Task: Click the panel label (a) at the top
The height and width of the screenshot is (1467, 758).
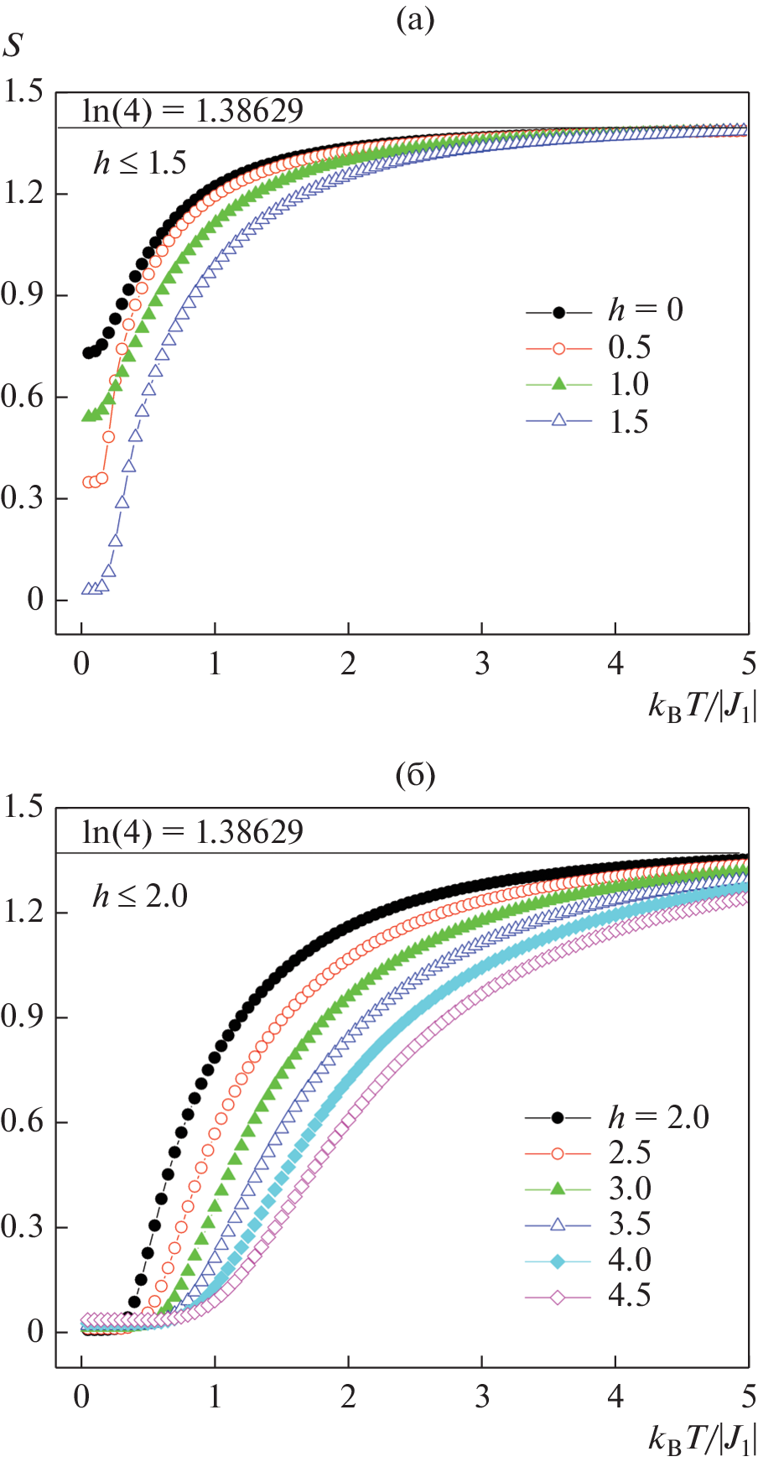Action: click(x=414, y=20)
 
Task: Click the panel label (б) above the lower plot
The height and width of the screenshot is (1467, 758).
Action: click(x=414, y=775)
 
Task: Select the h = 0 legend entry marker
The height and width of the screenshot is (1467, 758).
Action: click(x=559, y=312)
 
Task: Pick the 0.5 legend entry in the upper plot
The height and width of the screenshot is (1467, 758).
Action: click(x=629, y=348)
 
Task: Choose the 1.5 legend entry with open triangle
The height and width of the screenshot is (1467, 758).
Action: click(x=629, y=422)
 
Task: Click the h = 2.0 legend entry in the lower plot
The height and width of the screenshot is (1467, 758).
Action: click(x=658, y=1117)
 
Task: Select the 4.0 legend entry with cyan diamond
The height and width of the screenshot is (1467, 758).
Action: click(x=629, y=1261)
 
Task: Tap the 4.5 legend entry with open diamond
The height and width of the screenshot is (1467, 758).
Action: click(x=629, y=1297)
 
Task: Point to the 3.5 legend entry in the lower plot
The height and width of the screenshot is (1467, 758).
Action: click(x=629, y=1225)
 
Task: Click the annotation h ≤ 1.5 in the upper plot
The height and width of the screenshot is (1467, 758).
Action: click(x=140, y=163)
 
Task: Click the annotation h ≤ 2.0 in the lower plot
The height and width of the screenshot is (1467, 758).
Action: click(x=140, y=897)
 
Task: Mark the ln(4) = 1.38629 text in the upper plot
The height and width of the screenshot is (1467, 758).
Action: click(x=193, y=111)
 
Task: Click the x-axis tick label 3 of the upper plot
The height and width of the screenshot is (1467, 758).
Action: click(x=482, y=664)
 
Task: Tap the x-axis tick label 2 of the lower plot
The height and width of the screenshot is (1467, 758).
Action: click(x=348, y=1397)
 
